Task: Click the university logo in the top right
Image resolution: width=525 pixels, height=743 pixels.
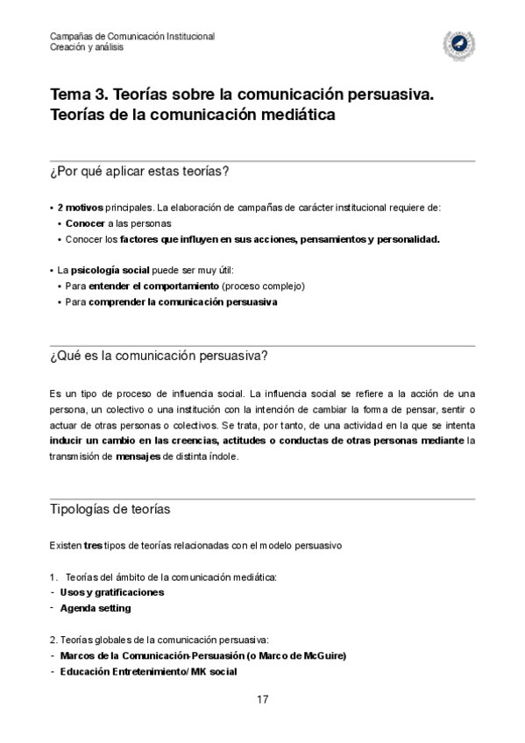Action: point(458,41)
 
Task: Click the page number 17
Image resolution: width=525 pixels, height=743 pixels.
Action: point(262,698)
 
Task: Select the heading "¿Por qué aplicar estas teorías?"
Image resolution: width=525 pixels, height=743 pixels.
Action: point(140,171)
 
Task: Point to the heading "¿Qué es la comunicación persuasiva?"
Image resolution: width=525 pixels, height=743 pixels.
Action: point(159,355)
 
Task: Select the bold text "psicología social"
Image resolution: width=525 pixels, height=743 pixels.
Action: point(111,271)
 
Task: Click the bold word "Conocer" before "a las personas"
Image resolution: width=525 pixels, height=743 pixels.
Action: point(85,223)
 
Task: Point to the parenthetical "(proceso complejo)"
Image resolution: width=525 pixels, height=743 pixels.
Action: point(263,287)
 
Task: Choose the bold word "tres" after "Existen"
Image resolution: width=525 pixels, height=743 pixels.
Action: point(93,544)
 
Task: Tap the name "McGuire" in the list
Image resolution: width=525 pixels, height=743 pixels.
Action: point(320,655)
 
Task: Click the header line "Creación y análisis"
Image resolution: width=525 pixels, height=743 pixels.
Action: point(86,47)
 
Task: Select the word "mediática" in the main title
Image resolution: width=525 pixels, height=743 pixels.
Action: point(296,115)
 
